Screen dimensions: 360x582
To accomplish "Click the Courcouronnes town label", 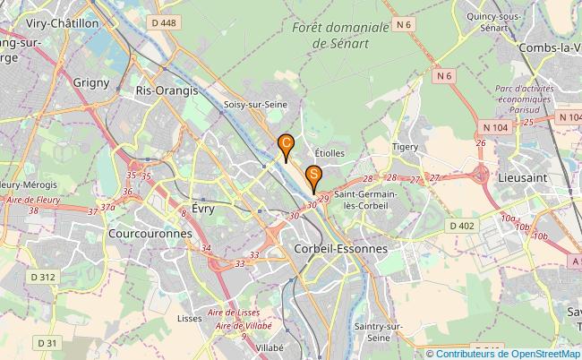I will pyautogui.click(x=150, y=233).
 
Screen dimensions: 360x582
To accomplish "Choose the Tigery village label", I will pyautogui.click(x=407, y=146).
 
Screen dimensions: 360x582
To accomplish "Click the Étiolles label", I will pyautogui.click(x=330, y=153).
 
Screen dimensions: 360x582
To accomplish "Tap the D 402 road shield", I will pyautogui.click(x=462, y=226).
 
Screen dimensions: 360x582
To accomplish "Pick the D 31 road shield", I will pyautogui.click(x=47, y=342).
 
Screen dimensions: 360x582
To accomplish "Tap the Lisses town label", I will pyautogui.click(x=190, y=318).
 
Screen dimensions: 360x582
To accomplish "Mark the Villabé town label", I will pyautogui.click(x=269, y=347).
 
